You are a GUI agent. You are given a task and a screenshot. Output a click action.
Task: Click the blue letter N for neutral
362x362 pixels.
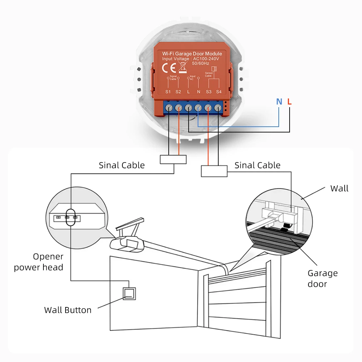point(279,102)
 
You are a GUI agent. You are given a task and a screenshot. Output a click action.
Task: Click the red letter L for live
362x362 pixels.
point(289,102)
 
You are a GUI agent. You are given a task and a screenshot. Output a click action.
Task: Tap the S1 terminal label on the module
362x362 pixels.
point(168,92)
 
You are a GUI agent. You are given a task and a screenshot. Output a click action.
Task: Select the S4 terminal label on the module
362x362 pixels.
point(219,92)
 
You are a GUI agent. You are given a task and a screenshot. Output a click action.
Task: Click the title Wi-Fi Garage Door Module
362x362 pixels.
point(192,54)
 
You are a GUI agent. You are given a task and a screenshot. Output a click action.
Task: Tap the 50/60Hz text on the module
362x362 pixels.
point(202,63)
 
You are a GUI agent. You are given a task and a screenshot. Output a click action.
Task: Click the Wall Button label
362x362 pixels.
point(68,310)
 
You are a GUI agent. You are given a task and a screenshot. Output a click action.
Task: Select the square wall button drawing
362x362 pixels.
point(130,293)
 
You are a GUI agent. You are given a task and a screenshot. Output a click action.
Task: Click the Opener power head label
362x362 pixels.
point(39,262)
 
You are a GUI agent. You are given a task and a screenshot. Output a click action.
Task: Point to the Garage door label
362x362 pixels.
point(323,278)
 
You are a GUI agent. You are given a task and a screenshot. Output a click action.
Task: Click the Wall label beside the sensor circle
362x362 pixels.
point(339,188)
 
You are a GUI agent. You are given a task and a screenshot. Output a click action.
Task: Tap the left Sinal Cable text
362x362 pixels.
point(122,165)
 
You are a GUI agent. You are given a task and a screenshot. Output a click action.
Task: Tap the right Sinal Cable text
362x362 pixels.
point(257,165)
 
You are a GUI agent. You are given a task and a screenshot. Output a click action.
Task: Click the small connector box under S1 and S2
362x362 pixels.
point(173,160)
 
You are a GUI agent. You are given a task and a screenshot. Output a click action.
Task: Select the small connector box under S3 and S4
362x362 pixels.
point(214,171)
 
